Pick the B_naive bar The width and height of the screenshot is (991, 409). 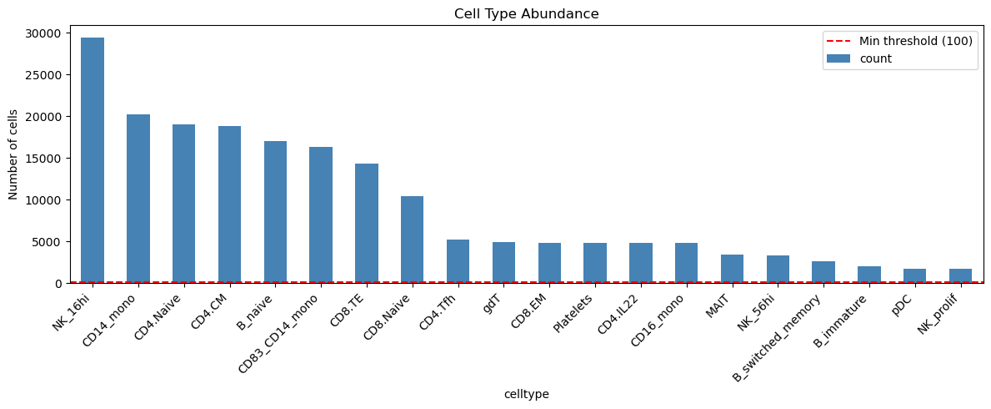[275, 212]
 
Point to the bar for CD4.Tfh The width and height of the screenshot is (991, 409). [458, 261]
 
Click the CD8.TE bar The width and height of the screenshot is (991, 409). [367, 223]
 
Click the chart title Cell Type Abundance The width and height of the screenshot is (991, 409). [526, 14]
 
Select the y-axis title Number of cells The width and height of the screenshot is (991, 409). [13, 154]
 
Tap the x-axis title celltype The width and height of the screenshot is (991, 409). [526, 394]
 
